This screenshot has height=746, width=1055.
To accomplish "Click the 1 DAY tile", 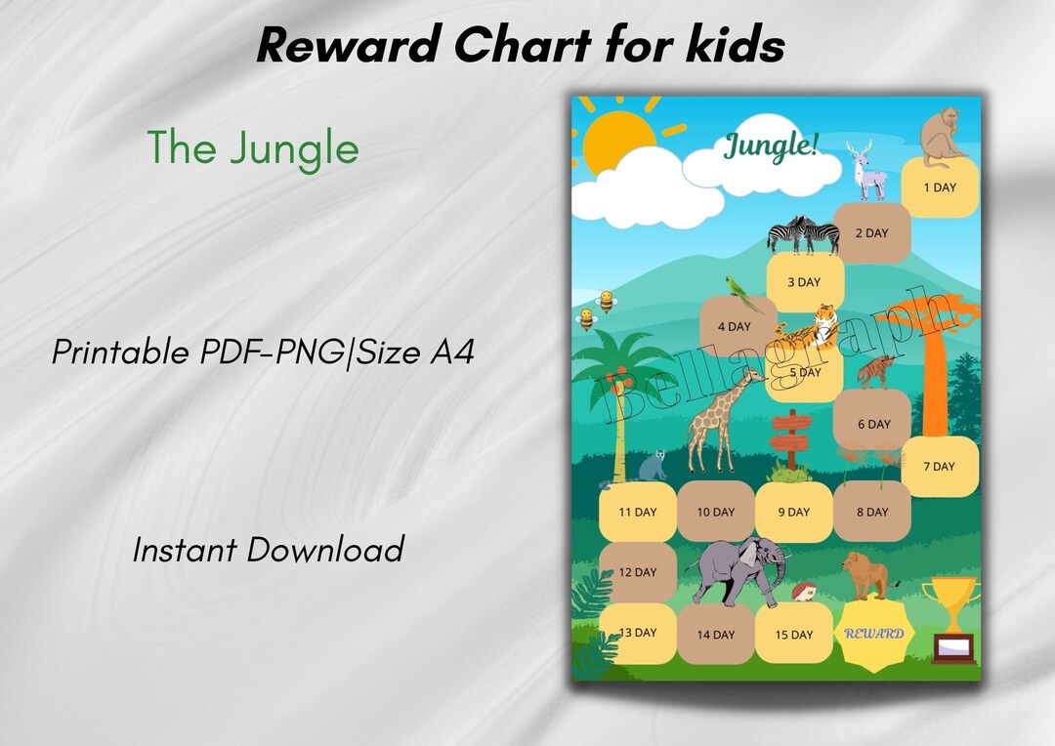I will pyautogui.click(x=939, y=187).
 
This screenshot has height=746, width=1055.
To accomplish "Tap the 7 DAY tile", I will pyautogui.click(x=939, y=467).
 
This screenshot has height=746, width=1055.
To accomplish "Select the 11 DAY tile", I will pyautogui.click(x=638, y=512).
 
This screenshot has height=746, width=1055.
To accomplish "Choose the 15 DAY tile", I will pyautogui.click(x=794, y=635).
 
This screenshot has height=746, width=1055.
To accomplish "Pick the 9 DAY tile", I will pyautogui.click(x=794, y=512).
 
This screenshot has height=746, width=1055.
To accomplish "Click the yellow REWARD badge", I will pyautogui.click(x=873, y=635).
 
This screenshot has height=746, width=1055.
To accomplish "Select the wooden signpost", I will pyautogui.click(x=789, y=439).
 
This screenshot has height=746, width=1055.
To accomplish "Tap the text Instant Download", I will pyautogui.click(x=268, y=550).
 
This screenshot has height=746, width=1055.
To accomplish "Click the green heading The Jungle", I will pyautogui.click(x=253, y=148).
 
